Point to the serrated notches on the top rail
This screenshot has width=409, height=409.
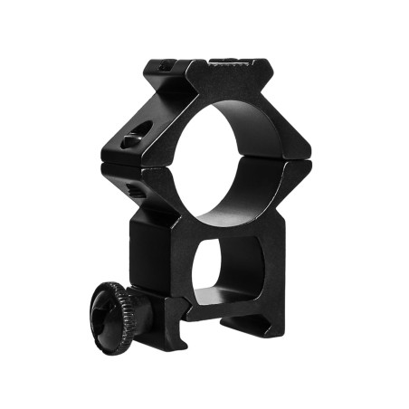[226, 62]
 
